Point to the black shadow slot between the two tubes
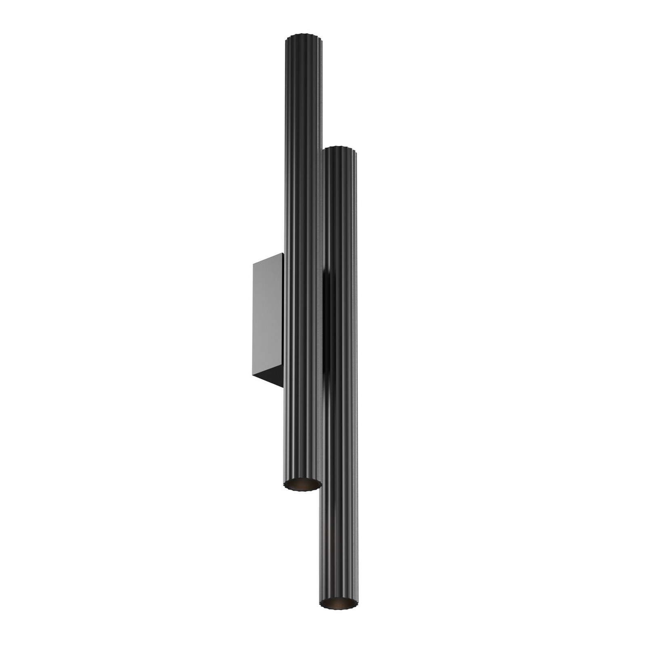[327, 323]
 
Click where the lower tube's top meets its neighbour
[323, 150]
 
